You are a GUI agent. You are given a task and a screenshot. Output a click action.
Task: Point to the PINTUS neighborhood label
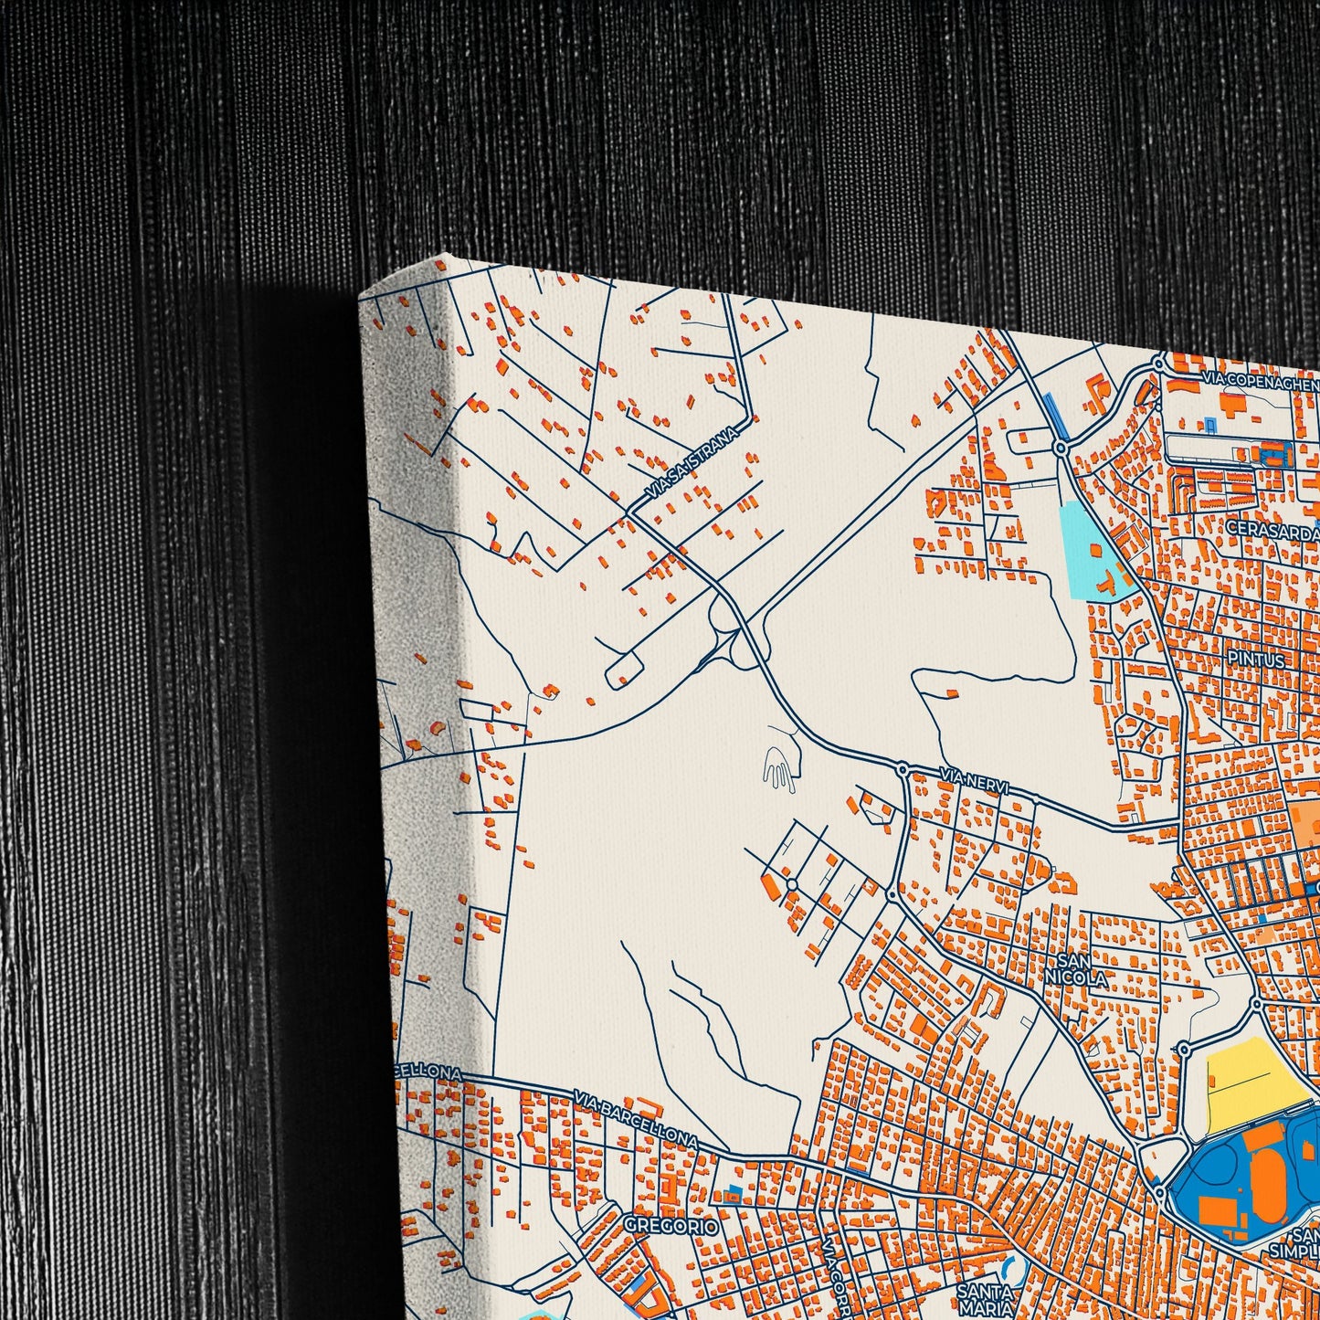(x=1257, y=659)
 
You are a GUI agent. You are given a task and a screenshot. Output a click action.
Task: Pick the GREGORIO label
(x=671, y=1226)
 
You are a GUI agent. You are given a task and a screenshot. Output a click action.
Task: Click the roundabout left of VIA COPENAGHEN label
(x=1158, y=364)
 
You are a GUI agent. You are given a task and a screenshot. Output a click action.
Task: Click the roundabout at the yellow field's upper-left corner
(x=1185, y=1048)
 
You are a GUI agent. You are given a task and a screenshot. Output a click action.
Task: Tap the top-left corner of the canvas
(x=362, y=298)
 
